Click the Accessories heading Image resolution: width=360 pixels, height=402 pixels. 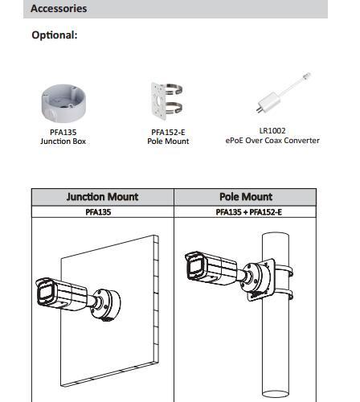(59, 8)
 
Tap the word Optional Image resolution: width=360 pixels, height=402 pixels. (55, 35)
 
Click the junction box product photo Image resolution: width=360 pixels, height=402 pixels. (63, 103)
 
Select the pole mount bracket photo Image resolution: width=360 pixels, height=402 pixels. (167, 100)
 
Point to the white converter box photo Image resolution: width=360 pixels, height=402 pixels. (268, 101)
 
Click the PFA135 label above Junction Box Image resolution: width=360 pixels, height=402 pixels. (63, 132)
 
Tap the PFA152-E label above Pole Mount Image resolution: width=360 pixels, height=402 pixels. (168, 132)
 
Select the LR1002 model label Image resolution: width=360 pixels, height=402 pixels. (272, 131)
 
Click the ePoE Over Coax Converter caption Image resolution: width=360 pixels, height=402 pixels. (272, 140)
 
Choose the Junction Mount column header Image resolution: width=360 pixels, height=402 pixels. (102, 197)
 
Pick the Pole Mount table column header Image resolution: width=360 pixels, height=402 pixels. (246, 197)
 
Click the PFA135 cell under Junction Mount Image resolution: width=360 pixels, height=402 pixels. (98, 212)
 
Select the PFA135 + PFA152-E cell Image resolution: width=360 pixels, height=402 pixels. (249, 212)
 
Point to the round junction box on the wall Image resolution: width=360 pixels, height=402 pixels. (106, 305)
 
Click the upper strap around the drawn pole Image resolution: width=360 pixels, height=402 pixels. (284, 270)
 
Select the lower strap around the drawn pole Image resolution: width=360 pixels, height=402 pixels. (284, 293)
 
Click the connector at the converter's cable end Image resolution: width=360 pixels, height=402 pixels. (307, 76)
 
